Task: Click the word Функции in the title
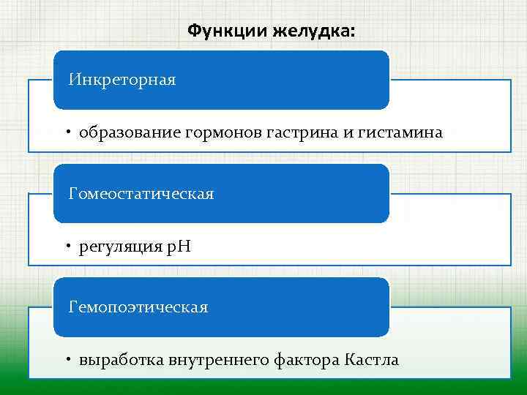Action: [228, 31]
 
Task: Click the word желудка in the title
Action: [312, 31]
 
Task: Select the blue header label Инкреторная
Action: [122, 79]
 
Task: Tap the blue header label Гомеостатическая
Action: [141, 193]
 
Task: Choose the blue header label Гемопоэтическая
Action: [138, 307]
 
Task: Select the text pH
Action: [179, 247]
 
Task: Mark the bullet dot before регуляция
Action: [66, 247]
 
